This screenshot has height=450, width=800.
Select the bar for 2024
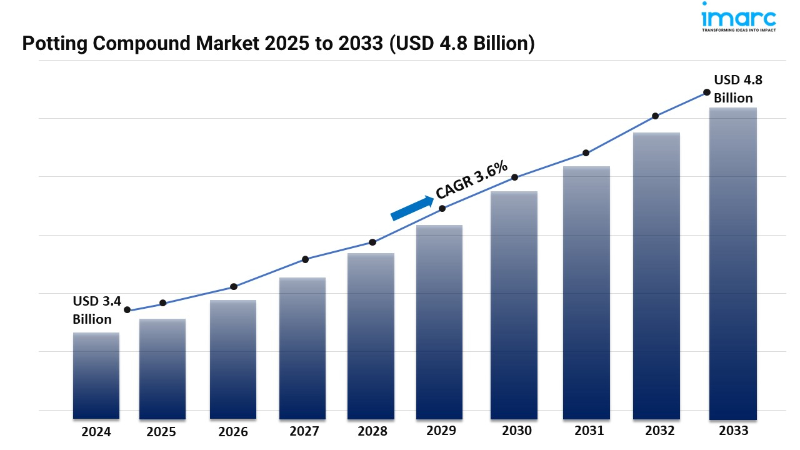pyautogui.click(x=96, y=375)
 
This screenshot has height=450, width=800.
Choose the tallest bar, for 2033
pyautogui.click(x=733, y=263)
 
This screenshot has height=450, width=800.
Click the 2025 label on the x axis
pyautogui.click(x=162, y=432)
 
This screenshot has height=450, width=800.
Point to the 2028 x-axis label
pyautogui.click(x=372, y=431)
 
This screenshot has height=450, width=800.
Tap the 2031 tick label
pyautogui.click(x=589, y=431)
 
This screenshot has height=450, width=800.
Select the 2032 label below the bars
pyautogui.click(x=660, y=431)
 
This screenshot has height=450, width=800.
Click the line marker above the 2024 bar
pyautogui.click(x=127, y=310)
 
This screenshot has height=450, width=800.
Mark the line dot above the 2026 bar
pyautogui.click(x=234, y=287)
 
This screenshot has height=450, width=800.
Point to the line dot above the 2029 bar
pyautogui.click(x=442, y=208)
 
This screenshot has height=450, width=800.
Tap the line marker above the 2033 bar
pyautogui.click(x=707, y=92)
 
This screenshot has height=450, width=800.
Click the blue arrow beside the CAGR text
pyautogui.click(x=412, y=208)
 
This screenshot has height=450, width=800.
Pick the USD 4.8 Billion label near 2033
pyautogui.click(x=738, y=89)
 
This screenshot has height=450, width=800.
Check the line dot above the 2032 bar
pyautogui.click(x=655, y=116)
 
